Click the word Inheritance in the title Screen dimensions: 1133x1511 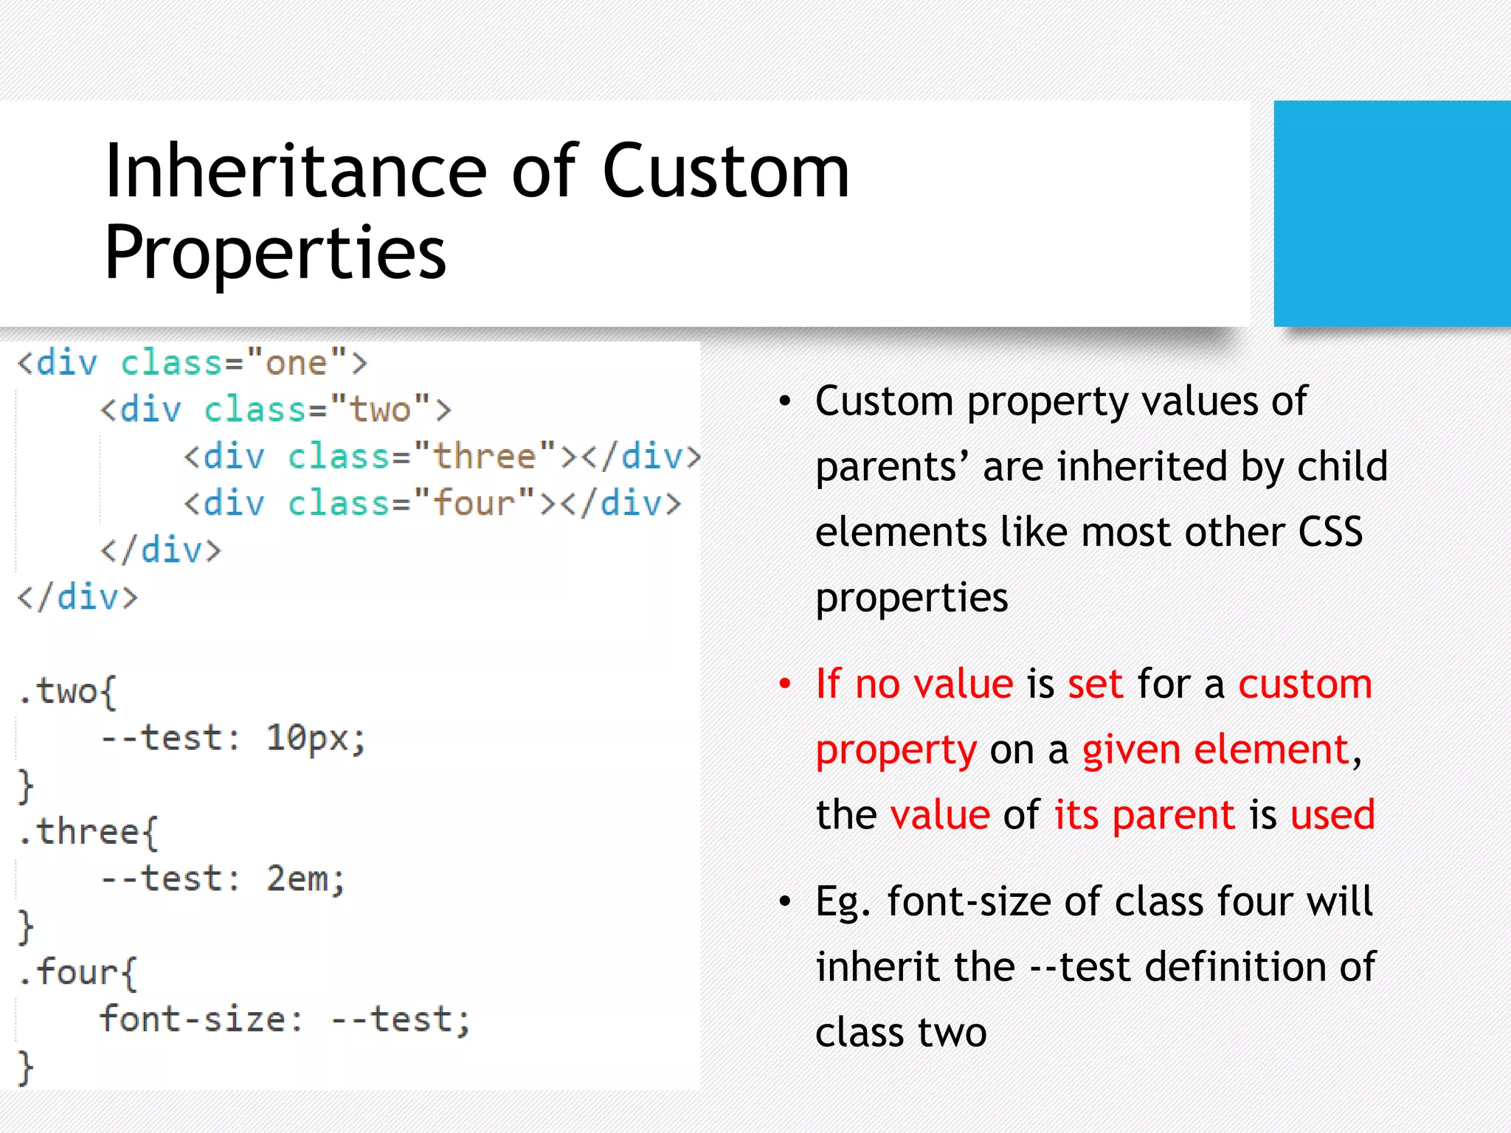(x=295, y=172)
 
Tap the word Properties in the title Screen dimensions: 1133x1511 (x=275, y=253)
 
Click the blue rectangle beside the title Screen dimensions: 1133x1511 (x=1391, y=213)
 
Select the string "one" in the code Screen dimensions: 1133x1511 (x=296, y=363)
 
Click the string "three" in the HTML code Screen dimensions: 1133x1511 (x=484, y=456)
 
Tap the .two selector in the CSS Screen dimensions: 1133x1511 (x=66, y=692)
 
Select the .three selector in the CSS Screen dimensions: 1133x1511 (x=87, y=832)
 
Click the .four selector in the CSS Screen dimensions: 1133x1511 (x=77, y=972)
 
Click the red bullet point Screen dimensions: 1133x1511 (x=785, y=685)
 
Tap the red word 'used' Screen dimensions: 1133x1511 (x=1332, y=815)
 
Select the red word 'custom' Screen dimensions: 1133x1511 (x=1304, y=684)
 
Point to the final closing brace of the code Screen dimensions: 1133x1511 (x=26, y=1067)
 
